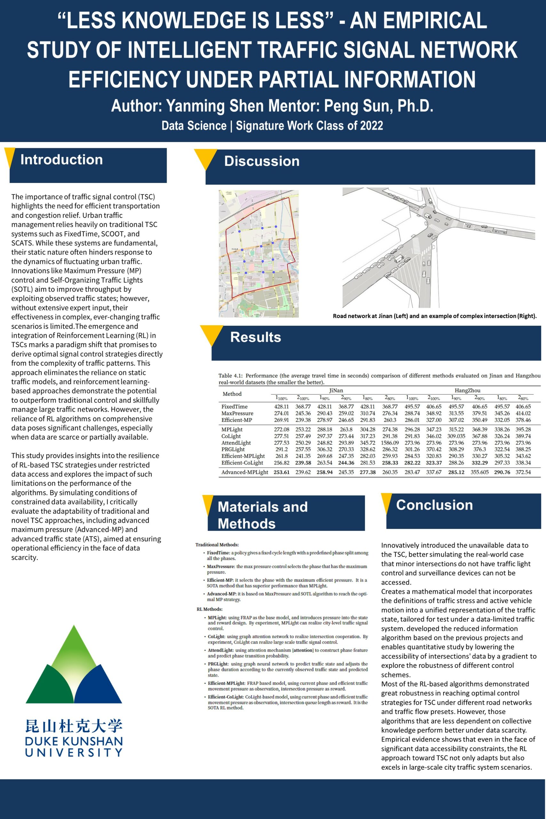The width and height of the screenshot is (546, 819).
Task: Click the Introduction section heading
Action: (x=62, y=160)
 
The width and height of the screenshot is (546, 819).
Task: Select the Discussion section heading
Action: (x=262, y=161)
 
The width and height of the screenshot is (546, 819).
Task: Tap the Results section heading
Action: (x=256, y=338)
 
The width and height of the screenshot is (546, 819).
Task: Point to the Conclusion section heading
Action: (x=434, y=505)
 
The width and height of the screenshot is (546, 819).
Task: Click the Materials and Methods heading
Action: (x=263, y=515)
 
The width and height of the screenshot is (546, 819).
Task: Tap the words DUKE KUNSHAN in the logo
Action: (x=74, y=741)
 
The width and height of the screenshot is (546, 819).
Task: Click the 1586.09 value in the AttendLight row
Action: (x=390, y=443)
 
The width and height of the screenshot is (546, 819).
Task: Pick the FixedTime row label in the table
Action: (x=234, y=407)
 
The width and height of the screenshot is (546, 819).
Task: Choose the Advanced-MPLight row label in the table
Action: (x=244, y=473)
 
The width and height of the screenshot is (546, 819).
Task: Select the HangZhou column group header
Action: (x=467, y=390)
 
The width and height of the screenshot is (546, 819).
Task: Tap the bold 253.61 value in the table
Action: (x=281, y=473)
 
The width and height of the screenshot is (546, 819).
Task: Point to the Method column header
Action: (x=232, y=394)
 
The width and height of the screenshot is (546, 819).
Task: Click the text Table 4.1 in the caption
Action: (x=230, y=376)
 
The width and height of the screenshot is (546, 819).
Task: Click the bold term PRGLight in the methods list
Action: (x=218, y=664)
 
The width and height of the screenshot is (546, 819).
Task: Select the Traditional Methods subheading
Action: (x=217, y=545)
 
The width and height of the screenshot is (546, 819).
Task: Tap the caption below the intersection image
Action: (x=435, y=316)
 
